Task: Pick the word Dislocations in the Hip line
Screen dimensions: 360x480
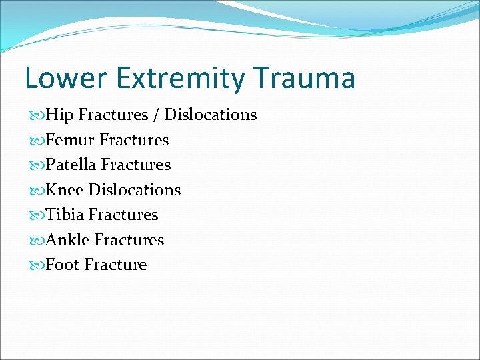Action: tap(210, 115)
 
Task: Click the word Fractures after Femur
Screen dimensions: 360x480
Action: tap(134, 140)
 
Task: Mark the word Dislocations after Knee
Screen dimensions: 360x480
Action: tap(135, 190)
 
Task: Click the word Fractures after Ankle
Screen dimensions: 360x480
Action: tap(129, 240)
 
